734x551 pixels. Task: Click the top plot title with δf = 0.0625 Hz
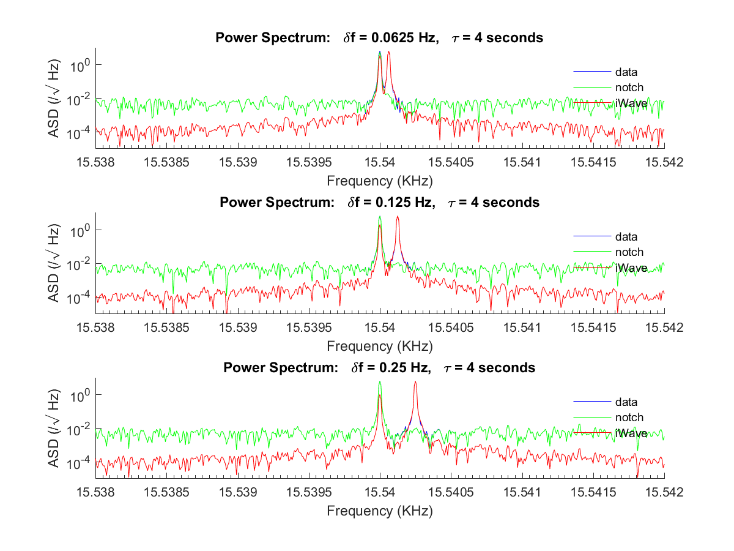[379, 37]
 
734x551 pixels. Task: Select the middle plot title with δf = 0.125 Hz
[379, 202]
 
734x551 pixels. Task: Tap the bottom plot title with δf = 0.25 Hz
[379, 367]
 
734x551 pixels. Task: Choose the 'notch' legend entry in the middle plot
[629, 252]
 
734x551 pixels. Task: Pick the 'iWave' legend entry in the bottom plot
[631, 433]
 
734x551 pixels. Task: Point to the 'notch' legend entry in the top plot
[629, 87]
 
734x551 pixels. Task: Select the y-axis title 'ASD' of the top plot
[54, 98]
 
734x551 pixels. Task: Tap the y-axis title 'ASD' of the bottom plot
[54, 428]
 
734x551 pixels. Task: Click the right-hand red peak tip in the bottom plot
[415, 382]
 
